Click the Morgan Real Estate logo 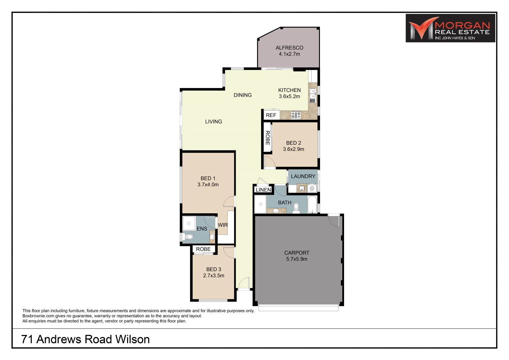tap(450, 28)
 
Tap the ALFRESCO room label tap(289, 48)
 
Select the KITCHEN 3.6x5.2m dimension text tap(289, 96)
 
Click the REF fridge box tap(271, 115)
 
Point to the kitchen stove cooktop tap(296, 115)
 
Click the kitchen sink tap(313, 93)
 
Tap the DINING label tap(243, 95)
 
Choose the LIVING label tap(213, 122)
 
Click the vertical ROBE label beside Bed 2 tap(267, 138)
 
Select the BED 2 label tap(293, 143)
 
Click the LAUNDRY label tap(303, 176)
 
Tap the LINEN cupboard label tap(263, 190)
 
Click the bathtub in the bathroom tap(312, 204)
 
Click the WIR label tap(223, 225)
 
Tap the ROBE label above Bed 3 tap(203, 249)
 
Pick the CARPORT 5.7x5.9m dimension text tap(297, 259)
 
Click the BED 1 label tap(208, 178)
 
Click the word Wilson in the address tap(132, 339)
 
